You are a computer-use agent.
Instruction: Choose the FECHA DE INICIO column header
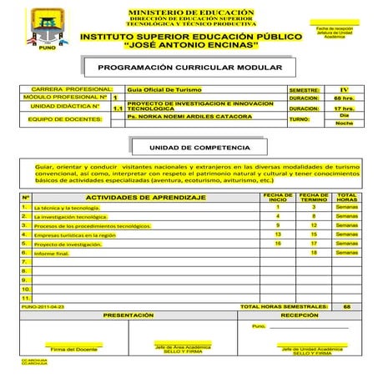278,197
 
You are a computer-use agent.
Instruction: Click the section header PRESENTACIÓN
129,315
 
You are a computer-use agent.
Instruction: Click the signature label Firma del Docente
74,349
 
